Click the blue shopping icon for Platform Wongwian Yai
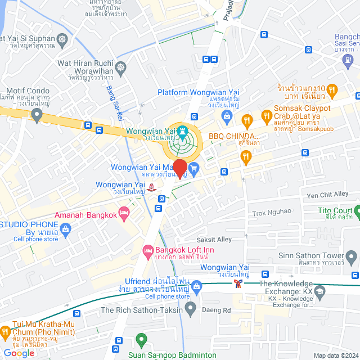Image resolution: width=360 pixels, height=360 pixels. click(x=227, y=117)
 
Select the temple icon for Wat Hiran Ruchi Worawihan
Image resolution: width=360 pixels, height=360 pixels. click(x=121, y=69)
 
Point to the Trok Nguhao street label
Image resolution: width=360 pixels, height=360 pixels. click(x=272, y=211)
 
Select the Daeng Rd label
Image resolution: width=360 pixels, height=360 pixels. click(x=219, y=310)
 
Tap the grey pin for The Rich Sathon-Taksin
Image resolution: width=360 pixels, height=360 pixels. click(x=191, y=308)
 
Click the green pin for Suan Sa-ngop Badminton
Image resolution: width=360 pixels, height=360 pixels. click(x=141, y=340)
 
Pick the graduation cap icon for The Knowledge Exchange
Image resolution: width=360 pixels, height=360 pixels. click(x=320, y=291)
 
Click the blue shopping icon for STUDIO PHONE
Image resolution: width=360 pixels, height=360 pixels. click(x=66, y=229)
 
